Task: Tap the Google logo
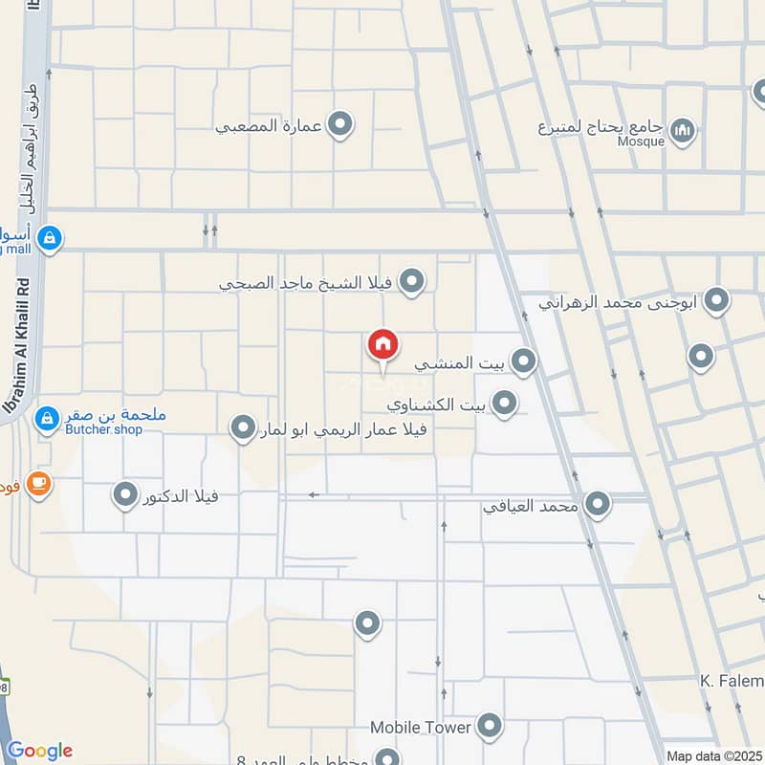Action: click(x=39, y=751)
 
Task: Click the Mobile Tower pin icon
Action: click(x=490, y=727)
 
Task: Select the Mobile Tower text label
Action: click(x=421, y=728)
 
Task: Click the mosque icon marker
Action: click(x=682, y=131)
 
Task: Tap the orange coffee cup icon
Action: click(x=38, y=485)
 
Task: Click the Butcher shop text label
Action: click(x=105, y=430)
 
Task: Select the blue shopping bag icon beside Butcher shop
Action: click(x=46, y=419)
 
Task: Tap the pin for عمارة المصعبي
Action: click(x=339, y=124)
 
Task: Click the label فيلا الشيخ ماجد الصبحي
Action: click(x=306, y=283)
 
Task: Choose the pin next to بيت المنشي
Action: click(x=523, y=361)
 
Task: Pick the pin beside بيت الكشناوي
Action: click(x=504, y=403)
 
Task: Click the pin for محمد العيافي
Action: click(x=598, y=504)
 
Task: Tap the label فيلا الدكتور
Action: click(x=181, y=496)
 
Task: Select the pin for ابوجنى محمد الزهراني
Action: click(x=716, y=302)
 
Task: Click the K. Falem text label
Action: click(x=731, y=680)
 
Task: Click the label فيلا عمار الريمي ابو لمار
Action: click(x=349, y=429)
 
